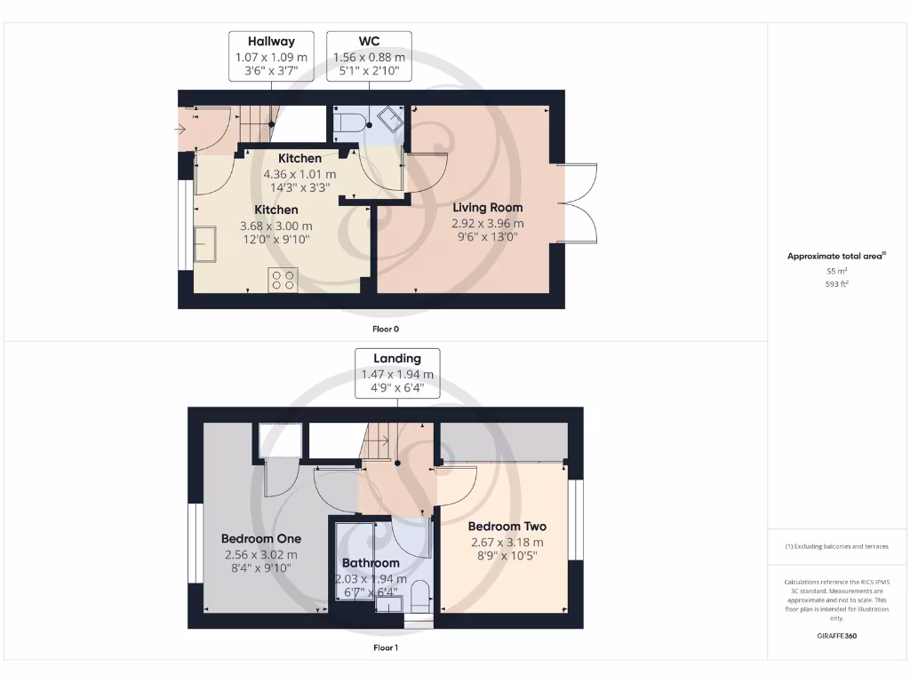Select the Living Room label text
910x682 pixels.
[x=488, y=208]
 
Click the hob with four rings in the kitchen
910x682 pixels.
[x=283, y=281]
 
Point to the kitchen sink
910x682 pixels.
[x=205, y=244]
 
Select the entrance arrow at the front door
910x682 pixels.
[x=180, y=130]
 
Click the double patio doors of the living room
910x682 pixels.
[x=579, y=202]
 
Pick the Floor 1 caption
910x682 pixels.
[x=385, y=648]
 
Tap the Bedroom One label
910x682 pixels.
[x=261, y=538]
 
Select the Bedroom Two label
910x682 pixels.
[x=507, y=527]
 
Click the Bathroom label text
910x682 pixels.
[x=371, y=563]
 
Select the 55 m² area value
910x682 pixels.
[x=835, y=271]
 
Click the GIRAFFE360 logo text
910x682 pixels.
[x=836, y=636]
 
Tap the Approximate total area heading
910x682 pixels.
[x=835, y=257]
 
